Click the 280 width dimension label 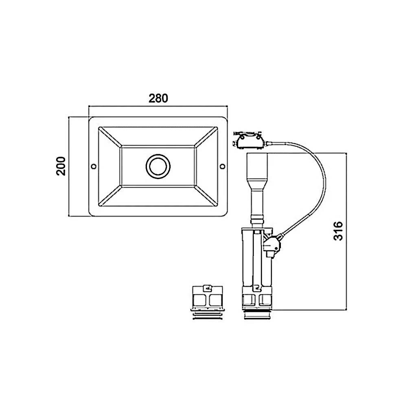tap(158, 99)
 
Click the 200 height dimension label tap(61, 166)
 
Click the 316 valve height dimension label tap(338, 231)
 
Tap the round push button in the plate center tap(158, 166)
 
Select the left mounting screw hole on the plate tap(94, 166)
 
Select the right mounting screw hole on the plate tap(223, 166)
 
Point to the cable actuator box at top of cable tap(249, 141)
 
